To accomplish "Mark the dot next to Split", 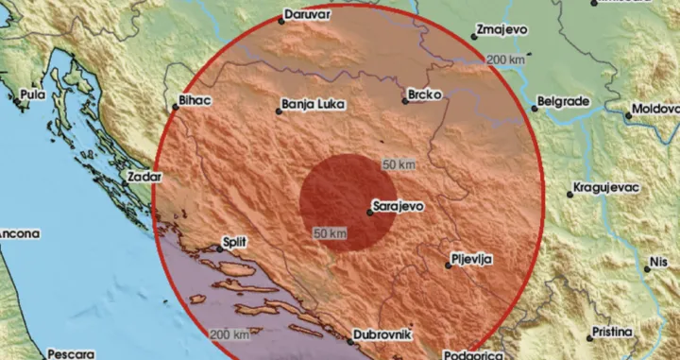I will point(220,249).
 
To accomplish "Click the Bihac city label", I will point(194,96).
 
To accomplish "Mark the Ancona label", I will point(18,231).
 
